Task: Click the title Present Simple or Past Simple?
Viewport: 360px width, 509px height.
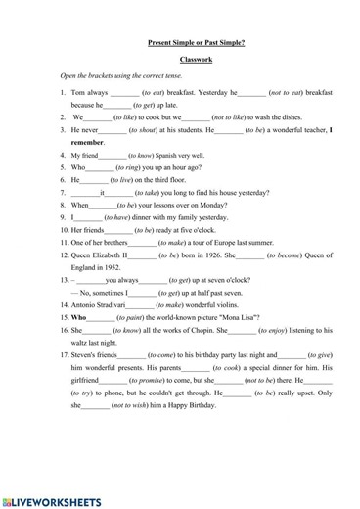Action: (x=196, y=43)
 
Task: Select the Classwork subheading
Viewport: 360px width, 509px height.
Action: (x=196, y=60)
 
